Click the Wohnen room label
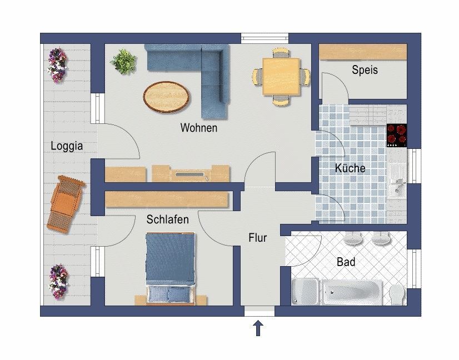coord(199,128)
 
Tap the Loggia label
coord(67,146)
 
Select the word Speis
coord(365,70)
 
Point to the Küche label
coord(350,168)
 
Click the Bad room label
coord(346,262)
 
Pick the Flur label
coord(258,238)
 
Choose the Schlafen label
coord(167,219)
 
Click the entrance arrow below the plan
coord(258,328)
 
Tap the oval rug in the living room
coord(166,97)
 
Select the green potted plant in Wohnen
coord(124,62)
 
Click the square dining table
coord(281,77)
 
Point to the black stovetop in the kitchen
coord(397,135)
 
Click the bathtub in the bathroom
coord(352,292)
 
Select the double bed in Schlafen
coord(171,268)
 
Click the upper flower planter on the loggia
coord(58,66)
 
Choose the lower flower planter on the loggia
coord(58,282)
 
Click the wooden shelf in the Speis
coord(363,52)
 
